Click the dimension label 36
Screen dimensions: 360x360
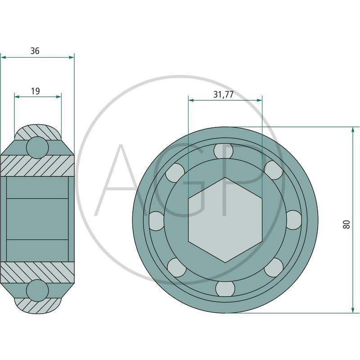(x=35, y=51)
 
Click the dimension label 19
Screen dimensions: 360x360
(x=36, y=91)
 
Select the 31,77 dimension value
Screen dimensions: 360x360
(x=223, y=94)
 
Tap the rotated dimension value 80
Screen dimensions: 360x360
(x=346, y=224)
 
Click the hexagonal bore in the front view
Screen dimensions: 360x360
(x=225, y=220)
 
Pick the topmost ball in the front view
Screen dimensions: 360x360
(x=223, y=151)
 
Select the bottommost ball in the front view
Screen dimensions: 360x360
(x=225, y=288)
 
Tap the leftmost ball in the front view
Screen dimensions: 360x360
(x=157, y=221)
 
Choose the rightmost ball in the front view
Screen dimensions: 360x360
(x=294, y=220)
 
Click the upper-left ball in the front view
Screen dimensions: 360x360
(x=175, y=172)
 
